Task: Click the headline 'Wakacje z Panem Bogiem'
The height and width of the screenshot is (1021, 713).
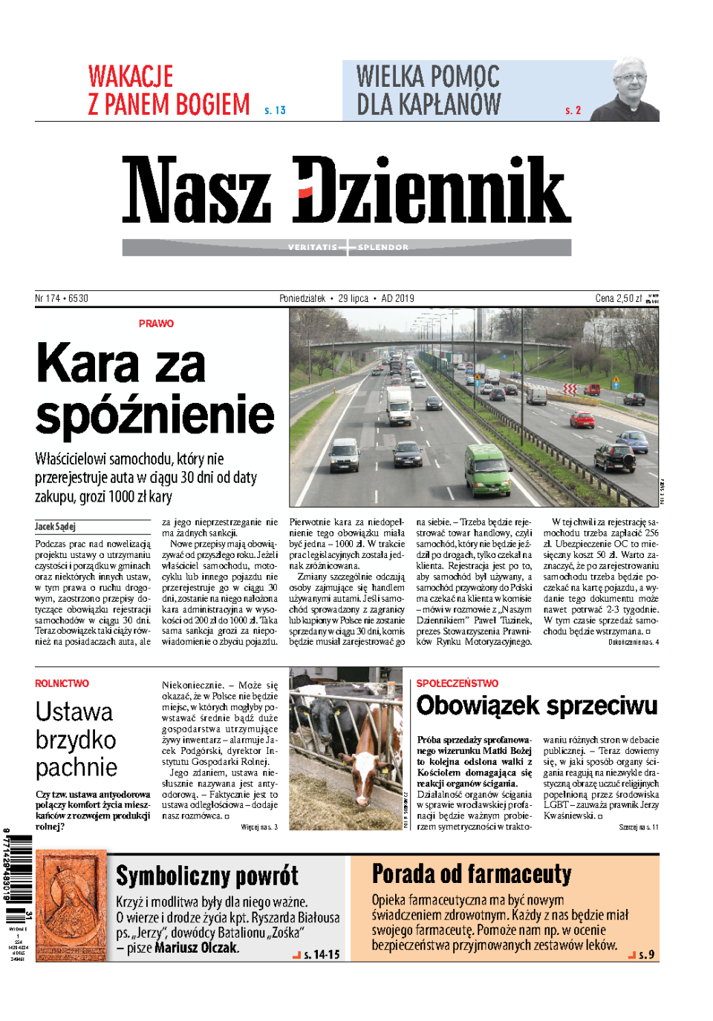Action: [169, 91]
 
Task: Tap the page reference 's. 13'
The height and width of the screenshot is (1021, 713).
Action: [275, 111]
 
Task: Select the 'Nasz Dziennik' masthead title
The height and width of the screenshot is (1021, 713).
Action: [346, 190]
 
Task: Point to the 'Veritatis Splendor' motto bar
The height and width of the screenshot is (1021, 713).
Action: [347, 247]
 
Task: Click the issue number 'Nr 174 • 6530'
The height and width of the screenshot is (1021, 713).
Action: [62, 298]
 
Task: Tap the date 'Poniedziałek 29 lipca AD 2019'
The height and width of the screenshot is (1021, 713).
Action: [346, 298]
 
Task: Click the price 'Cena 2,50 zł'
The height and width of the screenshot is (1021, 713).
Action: [618, 298]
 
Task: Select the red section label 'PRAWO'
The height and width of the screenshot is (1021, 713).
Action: [156, 324]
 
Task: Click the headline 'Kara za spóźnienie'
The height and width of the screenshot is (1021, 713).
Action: [154, 389]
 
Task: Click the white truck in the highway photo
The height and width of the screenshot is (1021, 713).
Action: [399, 404]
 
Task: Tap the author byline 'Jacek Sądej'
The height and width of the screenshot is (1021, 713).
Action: [55, 527]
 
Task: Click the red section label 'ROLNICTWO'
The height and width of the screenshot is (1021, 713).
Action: [62, 683]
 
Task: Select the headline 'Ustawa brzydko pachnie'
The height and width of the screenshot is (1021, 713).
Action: [76, 739]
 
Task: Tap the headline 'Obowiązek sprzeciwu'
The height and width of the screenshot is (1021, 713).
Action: [536, 705]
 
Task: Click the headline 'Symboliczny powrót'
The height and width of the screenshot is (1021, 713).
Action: [206, 876]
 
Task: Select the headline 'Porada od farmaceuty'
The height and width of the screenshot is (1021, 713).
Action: [472, 874]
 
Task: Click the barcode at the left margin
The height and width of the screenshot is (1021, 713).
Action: [19, 868]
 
